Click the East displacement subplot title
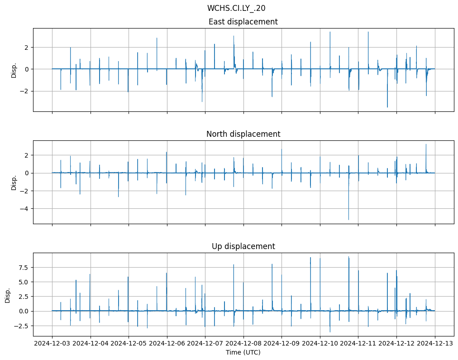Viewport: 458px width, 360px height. point(243,22)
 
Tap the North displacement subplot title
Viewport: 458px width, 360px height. point(243,134)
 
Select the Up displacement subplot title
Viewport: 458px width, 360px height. point(243,246)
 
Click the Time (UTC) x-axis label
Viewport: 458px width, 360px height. point(243,352)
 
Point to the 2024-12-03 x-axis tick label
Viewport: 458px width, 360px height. point(52,344)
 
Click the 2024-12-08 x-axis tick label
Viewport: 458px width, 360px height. point(243,344)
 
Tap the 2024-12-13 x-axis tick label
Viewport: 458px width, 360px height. point(435,344)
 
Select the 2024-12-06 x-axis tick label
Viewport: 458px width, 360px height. point(167,344)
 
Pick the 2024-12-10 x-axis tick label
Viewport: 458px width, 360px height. point(320,344)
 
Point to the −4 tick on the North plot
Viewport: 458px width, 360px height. point(25,209)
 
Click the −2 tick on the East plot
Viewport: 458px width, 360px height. point(25,91)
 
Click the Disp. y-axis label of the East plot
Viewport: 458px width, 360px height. point(14,70)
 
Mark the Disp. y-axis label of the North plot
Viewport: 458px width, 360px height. point(14,182)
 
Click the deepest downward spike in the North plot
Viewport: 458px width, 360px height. point(348,219)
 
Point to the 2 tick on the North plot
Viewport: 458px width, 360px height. point(27,155)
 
